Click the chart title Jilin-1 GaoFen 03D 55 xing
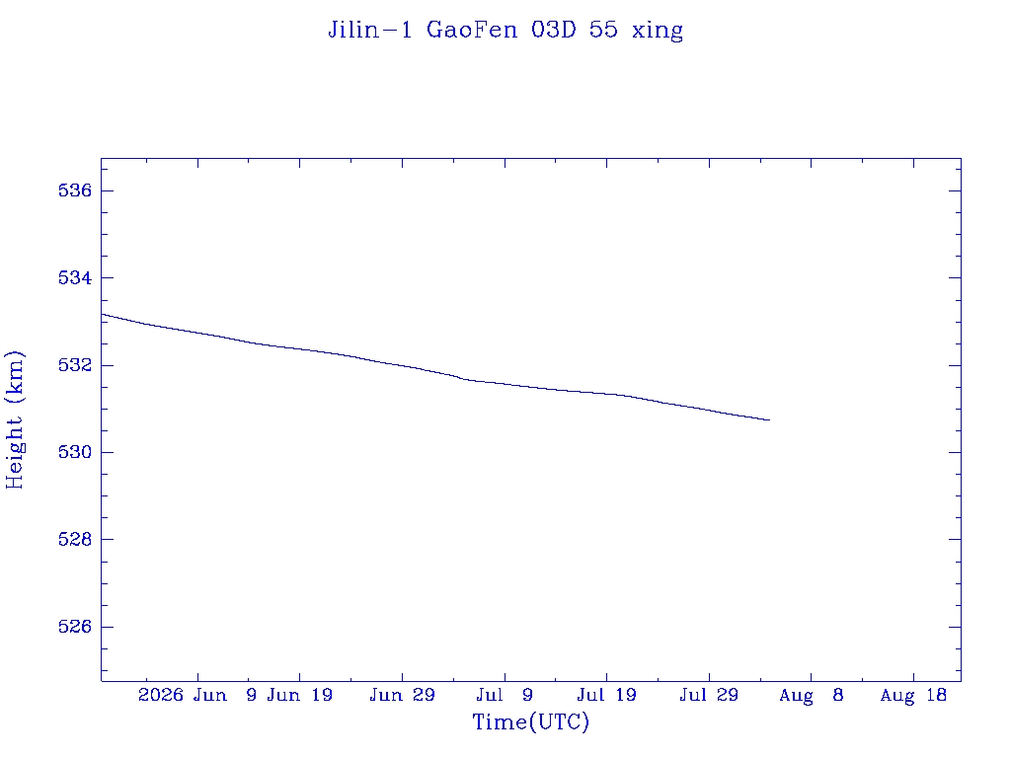pyautogui.click(x=505, y=31)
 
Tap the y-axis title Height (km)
pyautogui.click(x=14, y=419)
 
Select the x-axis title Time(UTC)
pyautogui.click(x=530, y=721)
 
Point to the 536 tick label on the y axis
pyautogui.click(x=75, y=190)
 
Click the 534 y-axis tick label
pyautogui.click(x=75, y=277)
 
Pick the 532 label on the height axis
pyautogui.click(x=75, y=365)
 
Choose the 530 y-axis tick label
pyautogui.click(x=75, y=452)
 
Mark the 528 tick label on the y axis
pyautogui.click(x=75, y=539)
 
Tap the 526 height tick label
pyautogui.click(x=75, y=626)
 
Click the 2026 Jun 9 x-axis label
pyautogui.click(x=197, y=695)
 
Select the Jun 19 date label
pyautogui.click(x=300, y=695)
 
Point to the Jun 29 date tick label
pyautogui.click(x=403, y=695)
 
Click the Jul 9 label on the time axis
pyautogui.click(x=505, y=695)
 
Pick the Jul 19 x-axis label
pyautogui.click(x=607, y=695)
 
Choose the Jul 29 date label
pyautogui.click(x=709, y=695)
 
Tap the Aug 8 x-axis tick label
pyautogui.click(x=812, y=696)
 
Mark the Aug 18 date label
pyautogui.click(x=913, y=696)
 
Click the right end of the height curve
pyautogui.click(x=770, y=420)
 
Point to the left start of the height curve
pyautogui.click(x=102, y=314)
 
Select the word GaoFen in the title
pyautogui.click(x=472, y=30)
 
